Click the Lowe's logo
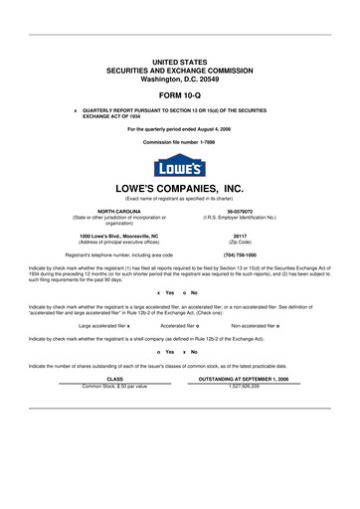[x=180, y=166]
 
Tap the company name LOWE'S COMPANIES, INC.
[x=180, y=188]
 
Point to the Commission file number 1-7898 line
[x=180, y=142]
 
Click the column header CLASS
[x=114, y=379]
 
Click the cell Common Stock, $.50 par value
[x=114, y=385]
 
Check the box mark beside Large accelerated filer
[x=128, y=325]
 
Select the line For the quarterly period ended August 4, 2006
[x=180, y=129]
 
